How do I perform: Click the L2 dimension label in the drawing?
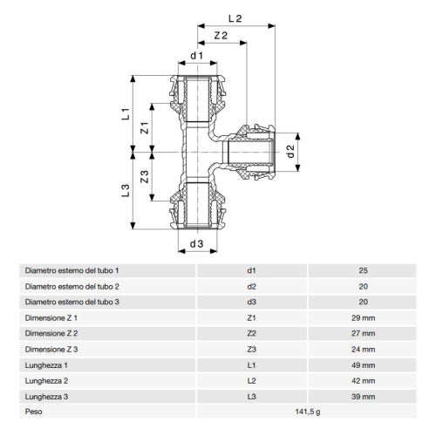click(234, 17)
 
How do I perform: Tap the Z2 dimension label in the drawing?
click(221, 36)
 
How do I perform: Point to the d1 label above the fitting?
click(196, 58)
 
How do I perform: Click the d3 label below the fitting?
click(196, 243)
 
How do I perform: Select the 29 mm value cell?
click(363, 317)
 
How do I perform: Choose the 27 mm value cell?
click(363, 332)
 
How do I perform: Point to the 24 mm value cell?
click(363, 348)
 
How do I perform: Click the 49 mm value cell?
click(363, 364)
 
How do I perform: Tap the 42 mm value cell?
click(363, 379)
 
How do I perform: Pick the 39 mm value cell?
click(363, 395)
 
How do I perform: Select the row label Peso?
click(35, 411)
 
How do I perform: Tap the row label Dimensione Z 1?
click(51, 317)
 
